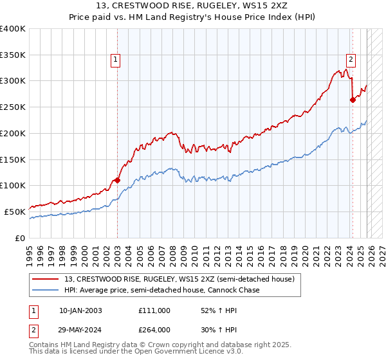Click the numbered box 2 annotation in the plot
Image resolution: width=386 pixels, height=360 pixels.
(351, 60)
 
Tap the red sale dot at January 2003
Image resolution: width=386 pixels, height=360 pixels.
(117, 181)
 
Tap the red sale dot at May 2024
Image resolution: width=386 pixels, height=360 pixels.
(353, 100)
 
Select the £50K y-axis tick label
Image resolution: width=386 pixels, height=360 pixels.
(15, 212)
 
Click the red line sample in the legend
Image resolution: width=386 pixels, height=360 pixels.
(46, 279)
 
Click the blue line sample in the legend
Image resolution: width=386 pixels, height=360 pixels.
(46, 290)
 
